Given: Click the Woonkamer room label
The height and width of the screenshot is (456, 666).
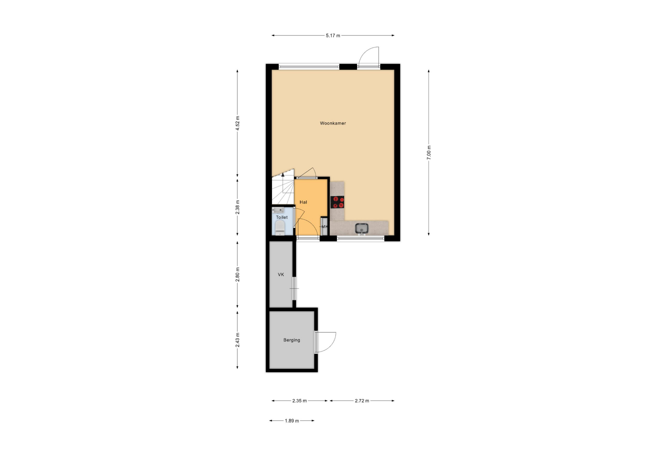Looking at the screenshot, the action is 333,123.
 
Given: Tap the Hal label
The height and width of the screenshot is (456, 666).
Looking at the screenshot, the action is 303,202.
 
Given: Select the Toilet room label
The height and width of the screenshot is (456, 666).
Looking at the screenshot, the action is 282,217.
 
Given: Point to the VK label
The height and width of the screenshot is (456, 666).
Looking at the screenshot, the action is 281,275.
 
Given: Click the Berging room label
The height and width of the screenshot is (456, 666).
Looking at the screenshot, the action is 292,340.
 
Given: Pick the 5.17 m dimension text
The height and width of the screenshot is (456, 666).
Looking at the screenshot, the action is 333,36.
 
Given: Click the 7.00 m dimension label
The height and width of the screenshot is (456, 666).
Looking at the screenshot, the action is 429,153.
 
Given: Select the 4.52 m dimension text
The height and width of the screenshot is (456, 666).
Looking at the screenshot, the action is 237,123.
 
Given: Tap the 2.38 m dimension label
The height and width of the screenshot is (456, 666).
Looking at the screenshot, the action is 237,207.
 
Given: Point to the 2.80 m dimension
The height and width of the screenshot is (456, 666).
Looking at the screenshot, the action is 237,275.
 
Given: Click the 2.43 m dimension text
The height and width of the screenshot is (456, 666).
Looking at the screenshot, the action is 237,340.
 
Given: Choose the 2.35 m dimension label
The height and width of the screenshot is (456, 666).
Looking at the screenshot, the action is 299,401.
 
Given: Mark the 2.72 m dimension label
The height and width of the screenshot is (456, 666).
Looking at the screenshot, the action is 362,401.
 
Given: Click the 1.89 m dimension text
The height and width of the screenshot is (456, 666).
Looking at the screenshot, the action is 292,421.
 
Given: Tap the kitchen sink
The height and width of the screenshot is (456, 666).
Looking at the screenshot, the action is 362,228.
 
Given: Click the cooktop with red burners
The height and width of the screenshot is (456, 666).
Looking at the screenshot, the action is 337,202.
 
